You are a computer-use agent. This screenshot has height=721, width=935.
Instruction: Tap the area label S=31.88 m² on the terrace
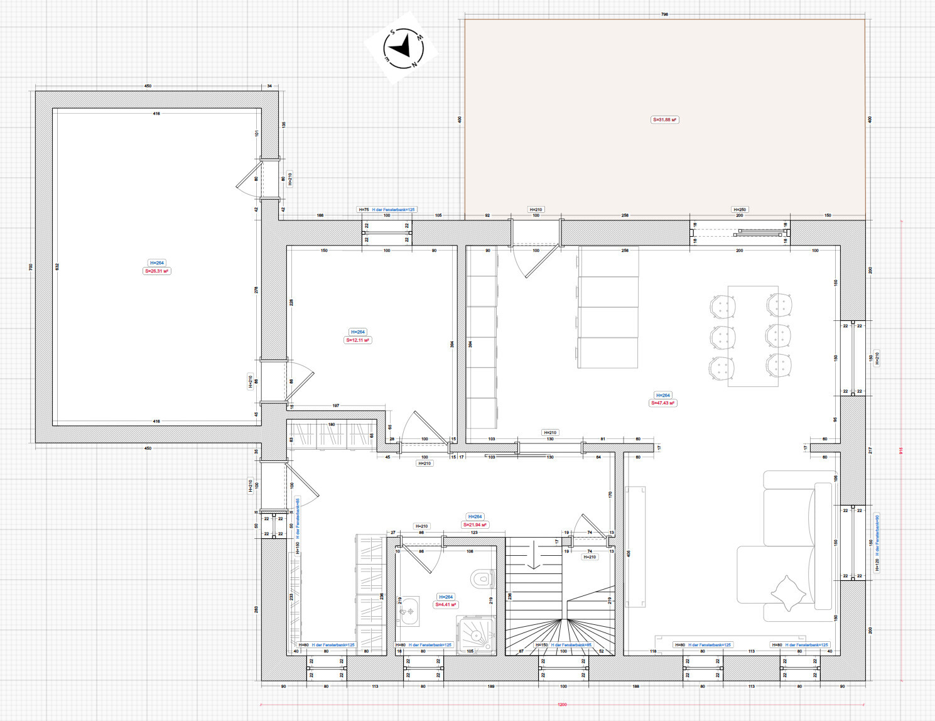664,119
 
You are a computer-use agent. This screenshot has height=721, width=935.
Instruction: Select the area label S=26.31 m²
156,271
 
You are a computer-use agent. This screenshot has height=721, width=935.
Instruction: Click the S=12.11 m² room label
358,340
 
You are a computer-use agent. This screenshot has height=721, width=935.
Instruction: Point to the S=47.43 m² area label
662,403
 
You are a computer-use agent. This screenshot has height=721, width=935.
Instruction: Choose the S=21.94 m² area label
475,524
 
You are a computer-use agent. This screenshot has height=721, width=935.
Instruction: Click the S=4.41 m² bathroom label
446,605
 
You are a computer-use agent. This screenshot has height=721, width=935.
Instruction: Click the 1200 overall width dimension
562,704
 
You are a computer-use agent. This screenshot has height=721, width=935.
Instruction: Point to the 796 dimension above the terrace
664,14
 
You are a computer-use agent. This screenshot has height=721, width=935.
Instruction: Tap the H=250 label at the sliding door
740,210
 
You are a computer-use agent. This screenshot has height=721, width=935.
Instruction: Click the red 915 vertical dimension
901,450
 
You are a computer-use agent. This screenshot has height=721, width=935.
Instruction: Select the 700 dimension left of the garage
30,267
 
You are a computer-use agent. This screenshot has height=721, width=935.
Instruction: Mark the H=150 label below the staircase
541,645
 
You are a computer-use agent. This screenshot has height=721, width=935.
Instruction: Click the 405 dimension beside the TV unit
629,553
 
